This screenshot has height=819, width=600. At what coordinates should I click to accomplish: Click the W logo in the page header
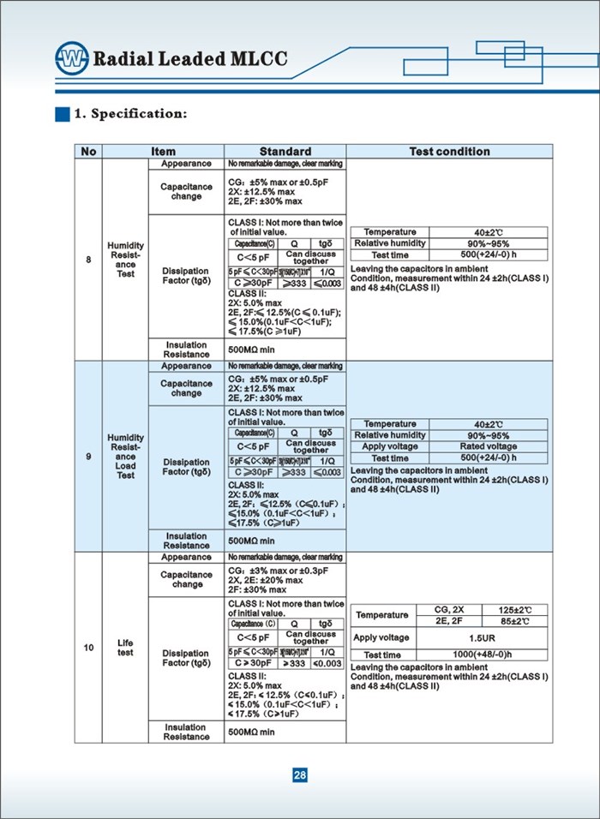[71, 59]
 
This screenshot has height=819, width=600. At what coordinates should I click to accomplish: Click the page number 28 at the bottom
[300, 775]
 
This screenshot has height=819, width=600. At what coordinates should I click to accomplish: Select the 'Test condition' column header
[449, 152]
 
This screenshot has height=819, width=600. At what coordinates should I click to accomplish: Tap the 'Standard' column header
[285, 152]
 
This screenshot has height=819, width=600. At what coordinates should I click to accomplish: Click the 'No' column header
[88, 152]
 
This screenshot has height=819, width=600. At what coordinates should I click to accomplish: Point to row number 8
[88, 260]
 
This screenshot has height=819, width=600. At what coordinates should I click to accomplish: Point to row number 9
[88, 457]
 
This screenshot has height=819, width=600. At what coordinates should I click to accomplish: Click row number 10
[88, 648]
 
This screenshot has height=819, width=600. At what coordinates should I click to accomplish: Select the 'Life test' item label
[126, 648]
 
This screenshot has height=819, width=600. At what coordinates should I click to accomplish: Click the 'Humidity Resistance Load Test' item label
[126, 457]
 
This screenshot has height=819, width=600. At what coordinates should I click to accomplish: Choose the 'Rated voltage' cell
[488, 446]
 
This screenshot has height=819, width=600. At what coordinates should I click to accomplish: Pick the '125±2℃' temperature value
[516, 609]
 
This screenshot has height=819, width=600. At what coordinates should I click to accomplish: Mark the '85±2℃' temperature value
[516, 621]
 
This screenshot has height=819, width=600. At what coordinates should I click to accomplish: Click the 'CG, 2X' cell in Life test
[450, 609]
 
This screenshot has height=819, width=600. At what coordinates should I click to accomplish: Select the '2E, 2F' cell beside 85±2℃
[450, 621]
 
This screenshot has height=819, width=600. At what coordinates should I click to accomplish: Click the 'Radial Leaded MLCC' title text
[189, 59]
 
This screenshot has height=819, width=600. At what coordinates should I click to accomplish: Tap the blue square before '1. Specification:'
[62, 114]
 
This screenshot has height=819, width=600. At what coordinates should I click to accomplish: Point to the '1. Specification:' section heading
[130, 114]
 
